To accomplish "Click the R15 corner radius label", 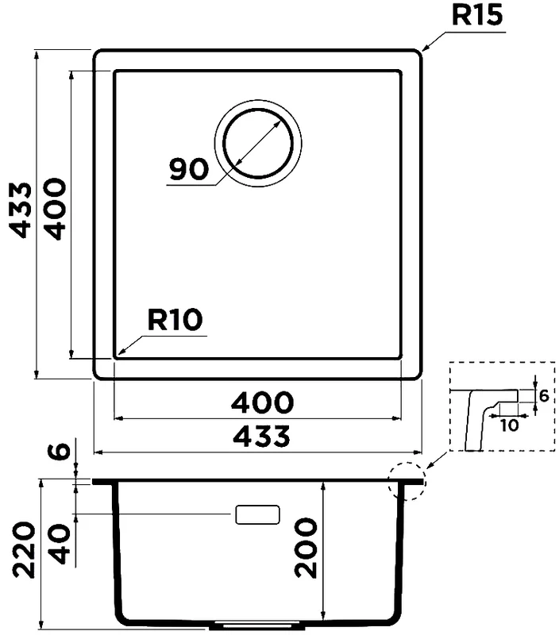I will (x=478, y=16).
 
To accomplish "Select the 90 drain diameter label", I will (x=188, y=168).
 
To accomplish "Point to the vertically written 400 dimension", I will (x=55, y=209).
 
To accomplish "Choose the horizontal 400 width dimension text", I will (x=262, y=403).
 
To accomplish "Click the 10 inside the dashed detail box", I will (x=510, y=425).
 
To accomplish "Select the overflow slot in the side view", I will (x=257, y=514).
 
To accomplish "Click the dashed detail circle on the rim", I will (x=407, y=480).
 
